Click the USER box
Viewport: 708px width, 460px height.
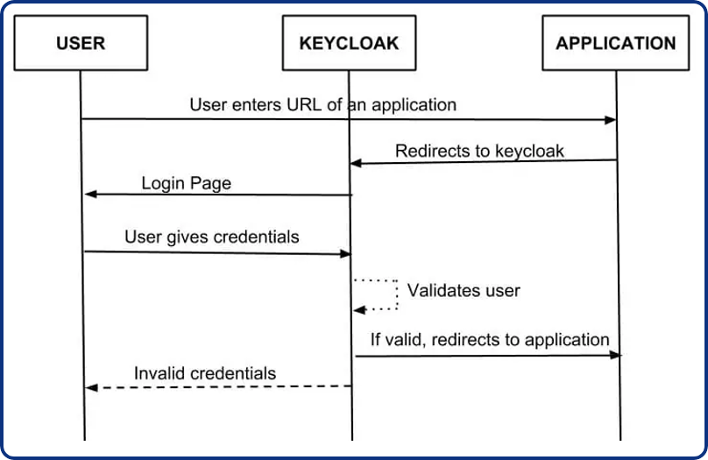click(x=80, y=43)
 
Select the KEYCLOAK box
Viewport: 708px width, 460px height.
click(x=349, y=43)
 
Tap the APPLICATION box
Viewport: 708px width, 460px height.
click(x=616, y=43)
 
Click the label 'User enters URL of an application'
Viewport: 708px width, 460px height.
click(x=322, y=104)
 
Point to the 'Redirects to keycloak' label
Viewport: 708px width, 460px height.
click(x=479, y=151)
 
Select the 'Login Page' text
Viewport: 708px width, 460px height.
click(x=186, y=183)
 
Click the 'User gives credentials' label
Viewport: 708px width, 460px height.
click(x=211, y=237)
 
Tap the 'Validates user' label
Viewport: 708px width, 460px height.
click(x=464, y=290)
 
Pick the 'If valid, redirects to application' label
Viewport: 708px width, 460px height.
click(x=489, y=339)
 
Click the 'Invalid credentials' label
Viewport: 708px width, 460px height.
click(x=204, y=373)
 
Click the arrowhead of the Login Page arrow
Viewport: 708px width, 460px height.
click(x=89, y=194)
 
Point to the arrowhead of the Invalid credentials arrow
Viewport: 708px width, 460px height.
click(x=89, y=387)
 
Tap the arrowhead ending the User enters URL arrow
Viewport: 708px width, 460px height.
click(x=611, y=120)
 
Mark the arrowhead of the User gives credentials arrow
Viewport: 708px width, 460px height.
click(x=345, y=254)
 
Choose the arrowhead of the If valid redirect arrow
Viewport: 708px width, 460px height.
click(x=616, y=355)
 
